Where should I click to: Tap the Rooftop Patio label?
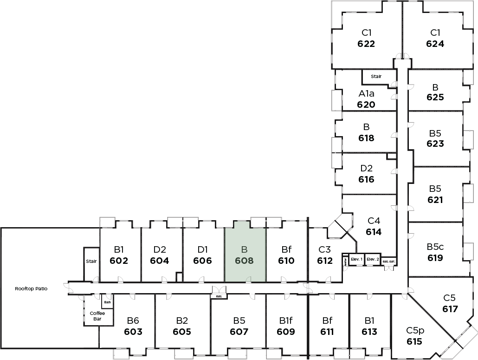31,288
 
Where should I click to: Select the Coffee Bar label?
97,316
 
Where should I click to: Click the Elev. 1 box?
356,259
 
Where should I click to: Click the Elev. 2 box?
373,259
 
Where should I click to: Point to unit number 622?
366,44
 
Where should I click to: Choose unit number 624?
435,44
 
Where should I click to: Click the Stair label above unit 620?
376,76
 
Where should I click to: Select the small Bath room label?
107,302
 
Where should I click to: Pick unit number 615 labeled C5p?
414,341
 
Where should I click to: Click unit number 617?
450,309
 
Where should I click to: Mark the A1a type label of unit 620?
366,94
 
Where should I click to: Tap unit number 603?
133,332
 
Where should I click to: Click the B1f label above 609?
285,321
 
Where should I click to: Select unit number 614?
373,232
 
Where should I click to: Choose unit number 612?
325,261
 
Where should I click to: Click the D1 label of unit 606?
202,249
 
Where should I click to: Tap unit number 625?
435,98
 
